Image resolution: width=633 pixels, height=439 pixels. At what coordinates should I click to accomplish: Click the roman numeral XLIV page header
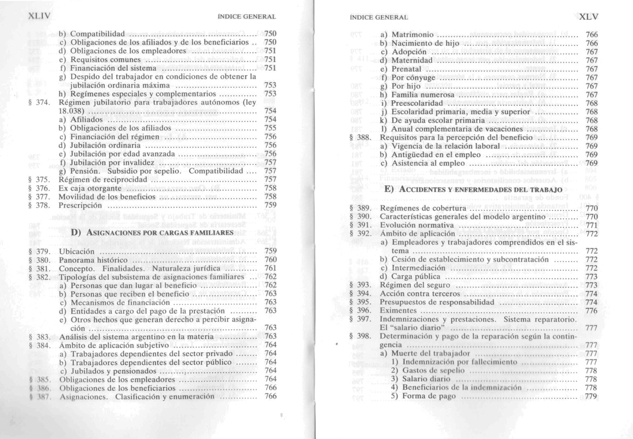39,17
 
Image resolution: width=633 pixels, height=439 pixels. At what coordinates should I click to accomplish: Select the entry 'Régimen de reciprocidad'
103,179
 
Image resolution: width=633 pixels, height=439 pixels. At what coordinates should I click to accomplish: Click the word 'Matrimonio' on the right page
412,35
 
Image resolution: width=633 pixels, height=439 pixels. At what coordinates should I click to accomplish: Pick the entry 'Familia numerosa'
422,94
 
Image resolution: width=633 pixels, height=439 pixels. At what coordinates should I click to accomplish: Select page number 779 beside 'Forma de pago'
591,397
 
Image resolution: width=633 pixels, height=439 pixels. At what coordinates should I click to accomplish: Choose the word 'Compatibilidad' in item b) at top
97,33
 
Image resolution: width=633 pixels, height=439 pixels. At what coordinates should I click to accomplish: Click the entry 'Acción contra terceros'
420,294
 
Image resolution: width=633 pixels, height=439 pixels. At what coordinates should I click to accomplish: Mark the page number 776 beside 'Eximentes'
591,311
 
